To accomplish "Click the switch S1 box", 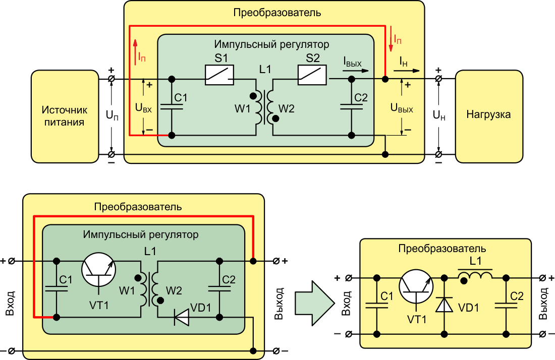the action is click(219, 75).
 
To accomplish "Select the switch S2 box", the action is click(312, 75).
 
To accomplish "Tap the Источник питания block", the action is click(65, 116).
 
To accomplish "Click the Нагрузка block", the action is click(489, 116).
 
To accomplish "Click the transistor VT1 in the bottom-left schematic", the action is click(99, 270).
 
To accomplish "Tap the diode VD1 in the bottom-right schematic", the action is click(444, 305).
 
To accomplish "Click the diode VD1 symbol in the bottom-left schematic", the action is click(181, 317).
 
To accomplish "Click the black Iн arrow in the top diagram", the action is click(406, 71).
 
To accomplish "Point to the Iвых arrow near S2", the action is click(355, 71).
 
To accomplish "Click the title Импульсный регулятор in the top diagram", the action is click(271, 44).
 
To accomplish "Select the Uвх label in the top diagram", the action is click(143, 107).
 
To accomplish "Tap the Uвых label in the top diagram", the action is click(402, 107).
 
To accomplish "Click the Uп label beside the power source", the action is click(112, 115).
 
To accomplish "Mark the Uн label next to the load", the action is click(439, 115).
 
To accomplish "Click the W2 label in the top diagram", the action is click(287, 108).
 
